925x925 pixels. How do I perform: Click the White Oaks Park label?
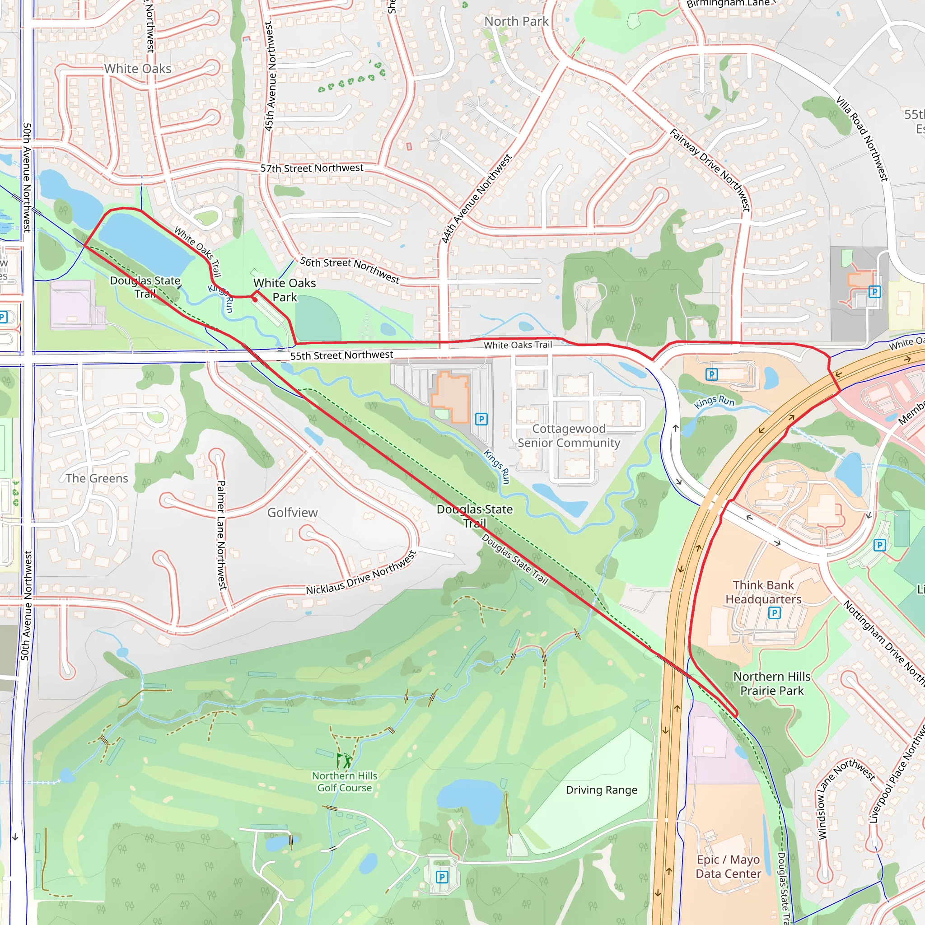tap(285, 290)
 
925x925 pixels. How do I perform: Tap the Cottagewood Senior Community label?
tap(568, 436)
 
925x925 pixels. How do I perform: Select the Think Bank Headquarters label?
tap(763, 592)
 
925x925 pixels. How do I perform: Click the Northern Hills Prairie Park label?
tap(772, 684)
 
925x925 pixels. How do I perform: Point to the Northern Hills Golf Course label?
tap(344, 782)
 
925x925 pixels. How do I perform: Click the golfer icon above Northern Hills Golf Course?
tap(343, 761)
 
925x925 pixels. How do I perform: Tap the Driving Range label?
tap(601, 790)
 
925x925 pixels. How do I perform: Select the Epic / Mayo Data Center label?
tap(728, 867)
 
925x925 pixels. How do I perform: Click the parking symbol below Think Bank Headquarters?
tap(774, 613)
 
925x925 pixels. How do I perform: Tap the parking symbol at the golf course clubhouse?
tap(442, 877)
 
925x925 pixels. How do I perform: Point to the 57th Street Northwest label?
tap(312, 168)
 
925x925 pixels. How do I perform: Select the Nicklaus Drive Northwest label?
tap(361, 573)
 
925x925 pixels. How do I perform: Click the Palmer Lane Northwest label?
tap(221, 535)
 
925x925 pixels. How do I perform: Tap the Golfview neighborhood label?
tap(292, 513)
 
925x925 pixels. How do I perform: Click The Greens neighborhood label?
tap(97, 478)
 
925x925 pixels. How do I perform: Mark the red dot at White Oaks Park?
tap(255, 300)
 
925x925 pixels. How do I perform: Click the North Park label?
tap(516, 22)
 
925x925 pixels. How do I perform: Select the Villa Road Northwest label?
tap(862, 138)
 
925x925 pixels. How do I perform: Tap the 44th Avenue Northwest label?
tap(477, 199)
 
